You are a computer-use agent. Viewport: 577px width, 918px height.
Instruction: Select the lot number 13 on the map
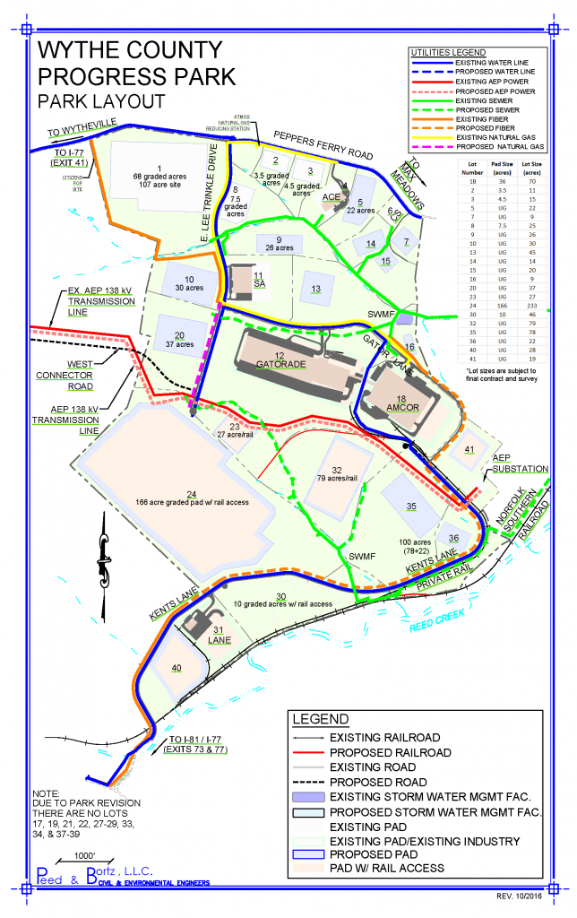pyautogui.click(x=315, y=289)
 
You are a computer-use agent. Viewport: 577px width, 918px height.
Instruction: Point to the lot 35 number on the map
pyautogui.click(x=411, y=507)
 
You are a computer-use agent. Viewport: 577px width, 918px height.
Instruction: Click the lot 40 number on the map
pyautogui.click(x=176, y=667)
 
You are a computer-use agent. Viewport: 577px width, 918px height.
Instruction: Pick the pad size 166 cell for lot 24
pyautogui.click(x=497, y=305)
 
